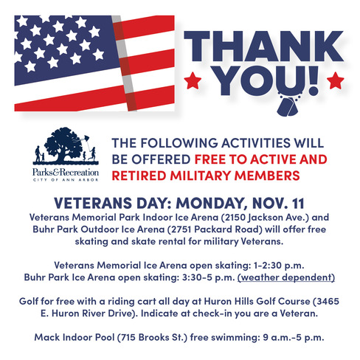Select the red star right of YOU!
pos(334,79)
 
